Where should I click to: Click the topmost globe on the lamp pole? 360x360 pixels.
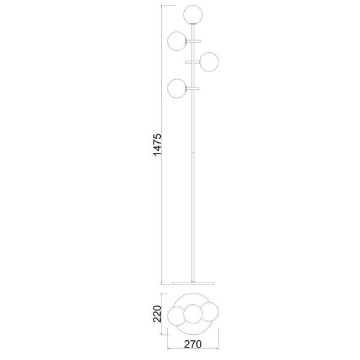pos(193,14)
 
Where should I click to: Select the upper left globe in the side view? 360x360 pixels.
pos(178,40)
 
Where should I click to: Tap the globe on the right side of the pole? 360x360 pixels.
pos(208,62)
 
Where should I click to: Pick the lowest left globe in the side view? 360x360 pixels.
pos(178,89)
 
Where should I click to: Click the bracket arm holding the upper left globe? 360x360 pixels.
pos(193,41)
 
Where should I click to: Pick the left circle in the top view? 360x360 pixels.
pos(178,316)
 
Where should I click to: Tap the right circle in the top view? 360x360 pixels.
pos(208,311)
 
